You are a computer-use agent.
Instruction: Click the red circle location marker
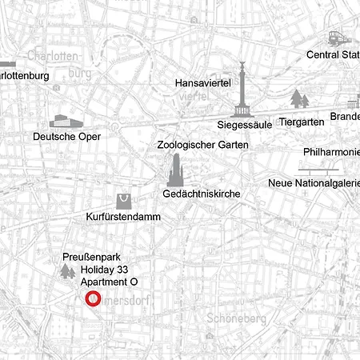[x=93, y=299]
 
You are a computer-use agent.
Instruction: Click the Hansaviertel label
[x=202, y=82]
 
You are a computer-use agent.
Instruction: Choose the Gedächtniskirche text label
[x=201, y=194]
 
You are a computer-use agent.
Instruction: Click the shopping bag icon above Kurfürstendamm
[x=122, y=200]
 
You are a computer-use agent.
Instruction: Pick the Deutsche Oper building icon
[x=66, y=121]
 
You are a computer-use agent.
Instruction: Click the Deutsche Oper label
[x=67, y=137]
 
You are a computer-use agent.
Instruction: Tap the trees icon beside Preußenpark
[x=66, y=270]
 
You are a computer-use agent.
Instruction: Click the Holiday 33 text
[x=104, y=270]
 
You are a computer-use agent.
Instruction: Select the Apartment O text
[x=110, y=282]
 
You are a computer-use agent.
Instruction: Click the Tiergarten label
[x=302, y=122]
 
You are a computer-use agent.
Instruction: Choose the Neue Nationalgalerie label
[x=313, y=183]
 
